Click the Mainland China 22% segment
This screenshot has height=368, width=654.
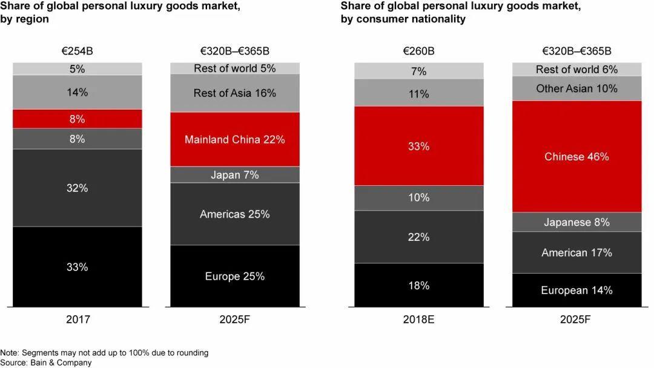[x=235, y=139]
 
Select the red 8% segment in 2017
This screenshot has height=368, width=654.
[x=77, y=119]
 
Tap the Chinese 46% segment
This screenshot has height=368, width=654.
[x=576, y=157]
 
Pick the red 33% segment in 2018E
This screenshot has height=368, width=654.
[x=418, y=146]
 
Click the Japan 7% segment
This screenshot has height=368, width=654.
[x=235, y=175]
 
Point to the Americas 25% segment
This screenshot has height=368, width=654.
[x=235, y=214]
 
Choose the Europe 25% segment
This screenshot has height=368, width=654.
[x=235, y=276]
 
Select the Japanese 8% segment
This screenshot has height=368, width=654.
[x=576, y=222]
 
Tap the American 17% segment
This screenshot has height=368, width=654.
[x=576, y=252]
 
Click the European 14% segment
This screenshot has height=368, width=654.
[x=576, y=290]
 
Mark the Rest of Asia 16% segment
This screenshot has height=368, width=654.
[x=235, y=93]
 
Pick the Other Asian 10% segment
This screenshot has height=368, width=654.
[x=576, y=88]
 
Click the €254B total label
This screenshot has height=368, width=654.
[x=77, y=51]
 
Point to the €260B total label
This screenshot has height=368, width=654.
[x=418, y=51]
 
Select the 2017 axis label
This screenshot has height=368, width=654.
[x=77, y=319]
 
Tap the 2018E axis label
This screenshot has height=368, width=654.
[x=418, y=319]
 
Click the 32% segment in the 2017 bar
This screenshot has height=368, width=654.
[x=77, y=188]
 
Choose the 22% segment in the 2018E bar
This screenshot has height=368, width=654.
[x=418, y=237]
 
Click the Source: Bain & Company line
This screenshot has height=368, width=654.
[x=46, y=363]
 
